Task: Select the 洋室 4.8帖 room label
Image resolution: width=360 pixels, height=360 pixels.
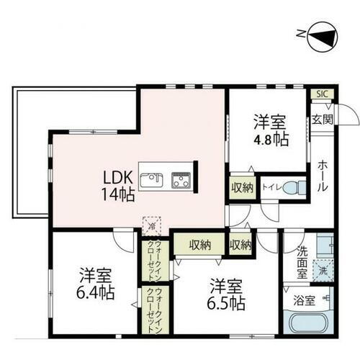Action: (269, 128)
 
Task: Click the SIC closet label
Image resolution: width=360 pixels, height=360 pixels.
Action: (319, 94)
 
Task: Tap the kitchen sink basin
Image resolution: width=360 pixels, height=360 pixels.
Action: (151, 180)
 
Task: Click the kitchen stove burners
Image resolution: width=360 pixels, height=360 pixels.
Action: (180, 180)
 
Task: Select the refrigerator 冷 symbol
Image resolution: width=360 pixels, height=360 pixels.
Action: (152, 225)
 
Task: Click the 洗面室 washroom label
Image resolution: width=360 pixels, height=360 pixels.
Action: (302, 264)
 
